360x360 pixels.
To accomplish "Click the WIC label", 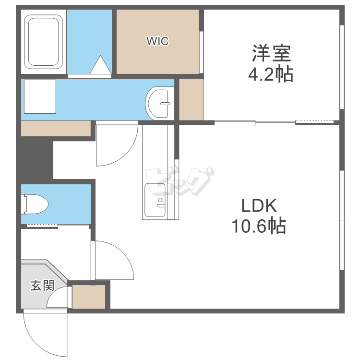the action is tap(157, 41).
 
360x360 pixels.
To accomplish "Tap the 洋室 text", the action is tap(271, 53).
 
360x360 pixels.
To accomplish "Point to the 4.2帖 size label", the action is tap(271, 74).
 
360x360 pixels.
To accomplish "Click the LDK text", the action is tap(259, 205).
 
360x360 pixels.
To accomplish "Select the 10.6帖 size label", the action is tap(259, 226).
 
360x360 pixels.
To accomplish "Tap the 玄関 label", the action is tap(42, 286).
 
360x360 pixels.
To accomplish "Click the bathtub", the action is tap(43, 42).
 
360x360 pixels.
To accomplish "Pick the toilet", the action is tap(35, 204).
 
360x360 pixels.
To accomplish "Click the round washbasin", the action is tap(159, 103).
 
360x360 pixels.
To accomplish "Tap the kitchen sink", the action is tap(155, 200).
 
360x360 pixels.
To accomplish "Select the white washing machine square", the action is tap(40, 96).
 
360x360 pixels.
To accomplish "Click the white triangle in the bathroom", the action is tap(100, 65).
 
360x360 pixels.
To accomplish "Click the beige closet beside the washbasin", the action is tap(191, 99).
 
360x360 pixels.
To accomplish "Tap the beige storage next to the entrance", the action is tap(89, 297).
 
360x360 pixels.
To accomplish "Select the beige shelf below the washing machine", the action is tap(56, 128).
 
